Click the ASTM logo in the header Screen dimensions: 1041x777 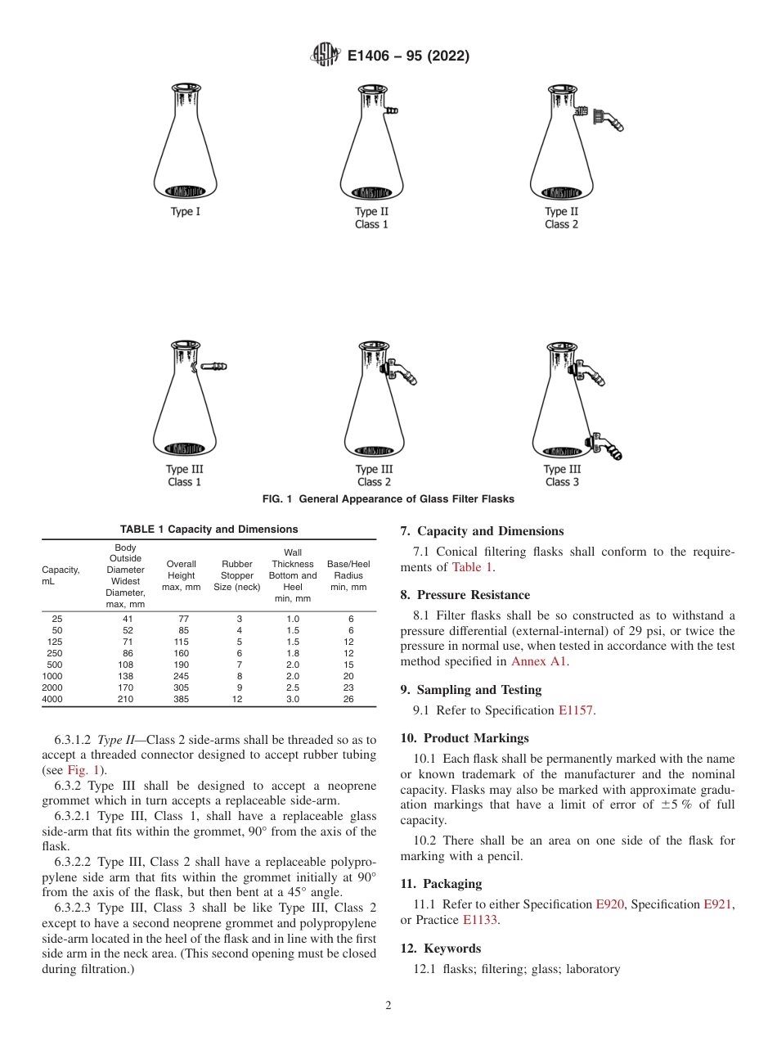326,56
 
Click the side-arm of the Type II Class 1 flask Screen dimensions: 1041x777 391,110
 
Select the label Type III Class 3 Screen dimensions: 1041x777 562,475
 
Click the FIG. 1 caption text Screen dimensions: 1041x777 388,499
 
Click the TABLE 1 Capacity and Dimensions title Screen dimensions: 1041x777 209,530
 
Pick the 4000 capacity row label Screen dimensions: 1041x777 52,700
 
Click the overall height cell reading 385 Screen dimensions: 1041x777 181,700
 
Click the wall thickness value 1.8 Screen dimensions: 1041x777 292,654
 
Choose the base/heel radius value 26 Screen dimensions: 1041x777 348,700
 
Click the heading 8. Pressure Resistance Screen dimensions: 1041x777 465,595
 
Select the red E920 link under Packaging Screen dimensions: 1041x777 607,904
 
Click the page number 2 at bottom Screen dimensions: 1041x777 388,1006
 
